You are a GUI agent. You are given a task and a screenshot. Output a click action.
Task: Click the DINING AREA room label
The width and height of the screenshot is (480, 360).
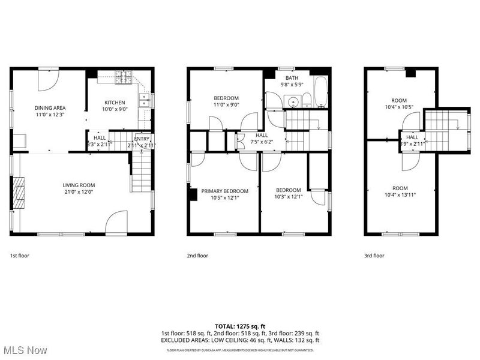click(49, 108)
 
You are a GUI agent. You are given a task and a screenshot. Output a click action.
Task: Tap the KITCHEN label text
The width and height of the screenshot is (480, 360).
click(114, 102)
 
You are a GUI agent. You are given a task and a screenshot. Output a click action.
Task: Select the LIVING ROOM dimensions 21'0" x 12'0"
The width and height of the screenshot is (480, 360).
click(79, 192)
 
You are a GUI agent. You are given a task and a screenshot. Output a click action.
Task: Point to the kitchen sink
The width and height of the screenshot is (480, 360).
click(144, 100)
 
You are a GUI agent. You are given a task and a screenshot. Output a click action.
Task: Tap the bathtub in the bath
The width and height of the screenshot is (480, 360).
click(321, 93)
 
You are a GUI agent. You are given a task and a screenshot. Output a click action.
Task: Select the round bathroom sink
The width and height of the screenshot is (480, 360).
click(293, 101)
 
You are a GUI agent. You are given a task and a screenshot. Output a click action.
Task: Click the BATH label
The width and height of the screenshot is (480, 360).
click(292, 78)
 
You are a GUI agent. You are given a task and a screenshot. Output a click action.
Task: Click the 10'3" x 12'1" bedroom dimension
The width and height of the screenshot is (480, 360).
click(288, 197)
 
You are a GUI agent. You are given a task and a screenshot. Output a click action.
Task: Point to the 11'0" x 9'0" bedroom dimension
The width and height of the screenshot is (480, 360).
click(226, 105)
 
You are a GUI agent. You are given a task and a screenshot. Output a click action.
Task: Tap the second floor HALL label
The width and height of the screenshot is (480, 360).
click(262, 135)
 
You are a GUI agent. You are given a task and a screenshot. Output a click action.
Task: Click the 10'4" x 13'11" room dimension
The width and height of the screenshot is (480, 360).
click(400, 194)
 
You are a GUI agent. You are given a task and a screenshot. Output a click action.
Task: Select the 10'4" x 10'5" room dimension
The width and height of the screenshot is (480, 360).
click(399, 107)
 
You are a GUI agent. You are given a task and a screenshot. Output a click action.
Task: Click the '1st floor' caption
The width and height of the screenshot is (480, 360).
click(20, 256)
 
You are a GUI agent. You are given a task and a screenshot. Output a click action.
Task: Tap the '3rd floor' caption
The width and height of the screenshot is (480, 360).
click(374, 256)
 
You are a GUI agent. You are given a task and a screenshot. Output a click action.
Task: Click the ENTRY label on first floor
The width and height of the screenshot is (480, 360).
click(142, 139)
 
